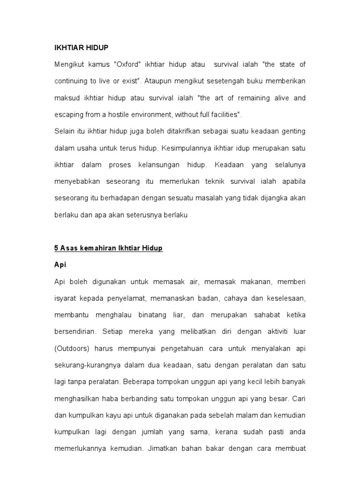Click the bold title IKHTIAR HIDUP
click(x=82, y=48)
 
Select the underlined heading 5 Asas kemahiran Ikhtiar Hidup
click(x=109, y=248)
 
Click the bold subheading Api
click(x=60, y=265)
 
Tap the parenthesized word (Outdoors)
click(x=74, y=348)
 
